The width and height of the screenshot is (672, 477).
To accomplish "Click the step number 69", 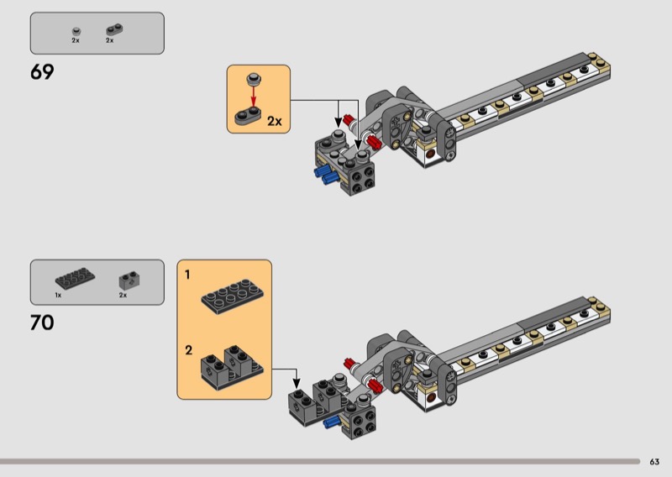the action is [42, 72].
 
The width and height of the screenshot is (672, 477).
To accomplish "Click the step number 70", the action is [42, 322].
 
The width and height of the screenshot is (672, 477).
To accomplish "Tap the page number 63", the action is [654, 462].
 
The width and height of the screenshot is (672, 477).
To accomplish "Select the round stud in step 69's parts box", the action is [76, 31].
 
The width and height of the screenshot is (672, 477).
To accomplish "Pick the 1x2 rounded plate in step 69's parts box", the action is [114, 29].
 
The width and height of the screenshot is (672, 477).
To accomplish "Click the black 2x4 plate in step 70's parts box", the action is [75, 279].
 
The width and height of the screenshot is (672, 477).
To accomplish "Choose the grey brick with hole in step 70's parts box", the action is [130, 280].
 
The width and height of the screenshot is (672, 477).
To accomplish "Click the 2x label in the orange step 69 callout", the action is [275, 121].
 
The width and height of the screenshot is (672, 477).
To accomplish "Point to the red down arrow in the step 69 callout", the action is [254, 96].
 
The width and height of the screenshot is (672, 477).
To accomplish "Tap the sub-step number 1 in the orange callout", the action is [187, 275].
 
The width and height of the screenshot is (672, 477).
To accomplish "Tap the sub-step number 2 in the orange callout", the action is [188, 350].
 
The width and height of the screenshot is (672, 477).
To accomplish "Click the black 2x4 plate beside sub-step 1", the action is [233, 296].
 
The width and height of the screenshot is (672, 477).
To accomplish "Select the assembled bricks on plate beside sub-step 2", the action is [232, 367].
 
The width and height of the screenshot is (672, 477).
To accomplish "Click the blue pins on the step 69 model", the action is [325, 175].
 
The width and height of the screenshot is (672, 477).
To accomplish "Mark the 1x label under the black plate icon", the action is [58, 296].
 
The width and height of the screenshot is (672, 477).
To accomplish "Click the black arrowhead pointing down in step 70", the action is [297, 384].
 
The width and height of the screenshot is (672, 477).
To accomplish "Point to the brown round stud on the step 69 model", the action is [431, 153].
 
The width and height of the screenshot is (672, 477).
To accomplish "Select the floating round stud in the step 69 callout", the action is [254, 79].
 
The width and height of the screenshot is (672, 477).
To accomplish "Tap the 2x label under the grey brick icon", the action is [123, 296].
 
